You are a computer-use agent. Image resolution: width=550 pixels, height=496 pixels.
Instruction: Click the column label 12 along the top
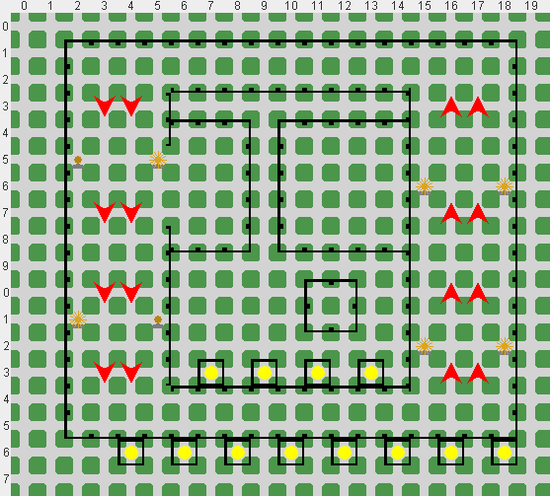click(344, 6)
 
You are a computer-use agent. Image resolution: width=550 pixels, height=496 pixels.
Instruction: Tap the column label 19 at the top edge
click(530, 6)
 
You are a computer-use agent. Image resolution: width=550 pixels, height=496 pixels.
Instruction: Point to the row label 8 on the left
click(5, 240)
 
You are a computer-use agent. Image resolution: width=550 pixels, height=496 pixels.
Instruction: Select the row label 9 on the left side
click(5, 266)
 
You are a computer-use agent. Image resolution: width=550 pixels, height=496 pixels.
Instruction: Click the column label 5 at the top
click(157, 6)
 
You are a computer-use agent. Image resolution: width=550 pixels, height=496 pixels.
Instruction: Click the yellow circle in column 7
click(211, 373)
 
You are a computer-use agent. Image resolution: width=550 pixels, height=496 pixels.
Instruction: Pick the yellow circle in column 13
click(371, 373)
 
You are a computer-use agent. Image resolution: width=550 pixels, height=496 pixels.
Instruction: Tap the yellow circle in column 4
click(131, 453)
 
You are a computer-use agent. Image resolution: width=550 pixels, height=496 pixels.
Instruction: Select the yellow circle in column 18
click(505, 453)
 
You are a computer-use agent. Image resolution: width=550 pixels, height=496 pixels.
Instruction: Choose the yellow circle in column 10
click(291, 453)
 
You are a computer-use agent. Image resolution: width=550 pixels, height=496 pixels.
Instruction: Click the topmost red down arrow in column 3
click(105, 106)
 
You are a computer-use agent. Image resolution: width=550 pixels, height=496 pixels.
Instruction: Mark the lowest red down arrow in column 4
click(131, 372)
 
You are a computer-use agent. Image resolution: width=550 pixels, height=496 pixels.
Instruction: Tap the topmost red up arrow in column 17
click(478, 107)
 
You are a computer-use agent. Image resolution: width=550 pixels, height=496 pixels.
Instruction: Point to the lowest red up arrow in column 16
click(451, 374)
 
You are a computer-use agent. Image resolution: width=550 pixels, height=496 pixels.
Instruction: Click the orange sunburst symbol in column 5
click(158, 160)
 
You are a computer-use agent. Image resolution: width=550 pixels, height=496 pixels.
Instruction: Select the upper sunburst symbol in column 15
click(425, 186)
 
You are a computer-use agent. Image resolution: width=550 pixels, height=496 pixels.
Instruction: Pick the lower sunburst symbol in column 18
click(505, 346)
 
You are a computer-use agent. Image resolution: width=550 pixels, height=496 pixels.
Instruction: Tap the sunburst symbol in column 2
click(78, 319)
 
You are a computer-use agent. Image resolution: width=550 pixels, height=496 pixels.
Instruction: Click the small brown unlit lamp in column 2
click(78, 162)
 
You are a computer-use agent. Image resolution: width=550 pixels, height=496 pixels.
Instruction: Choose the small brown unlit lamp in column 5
click(158, 321)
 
